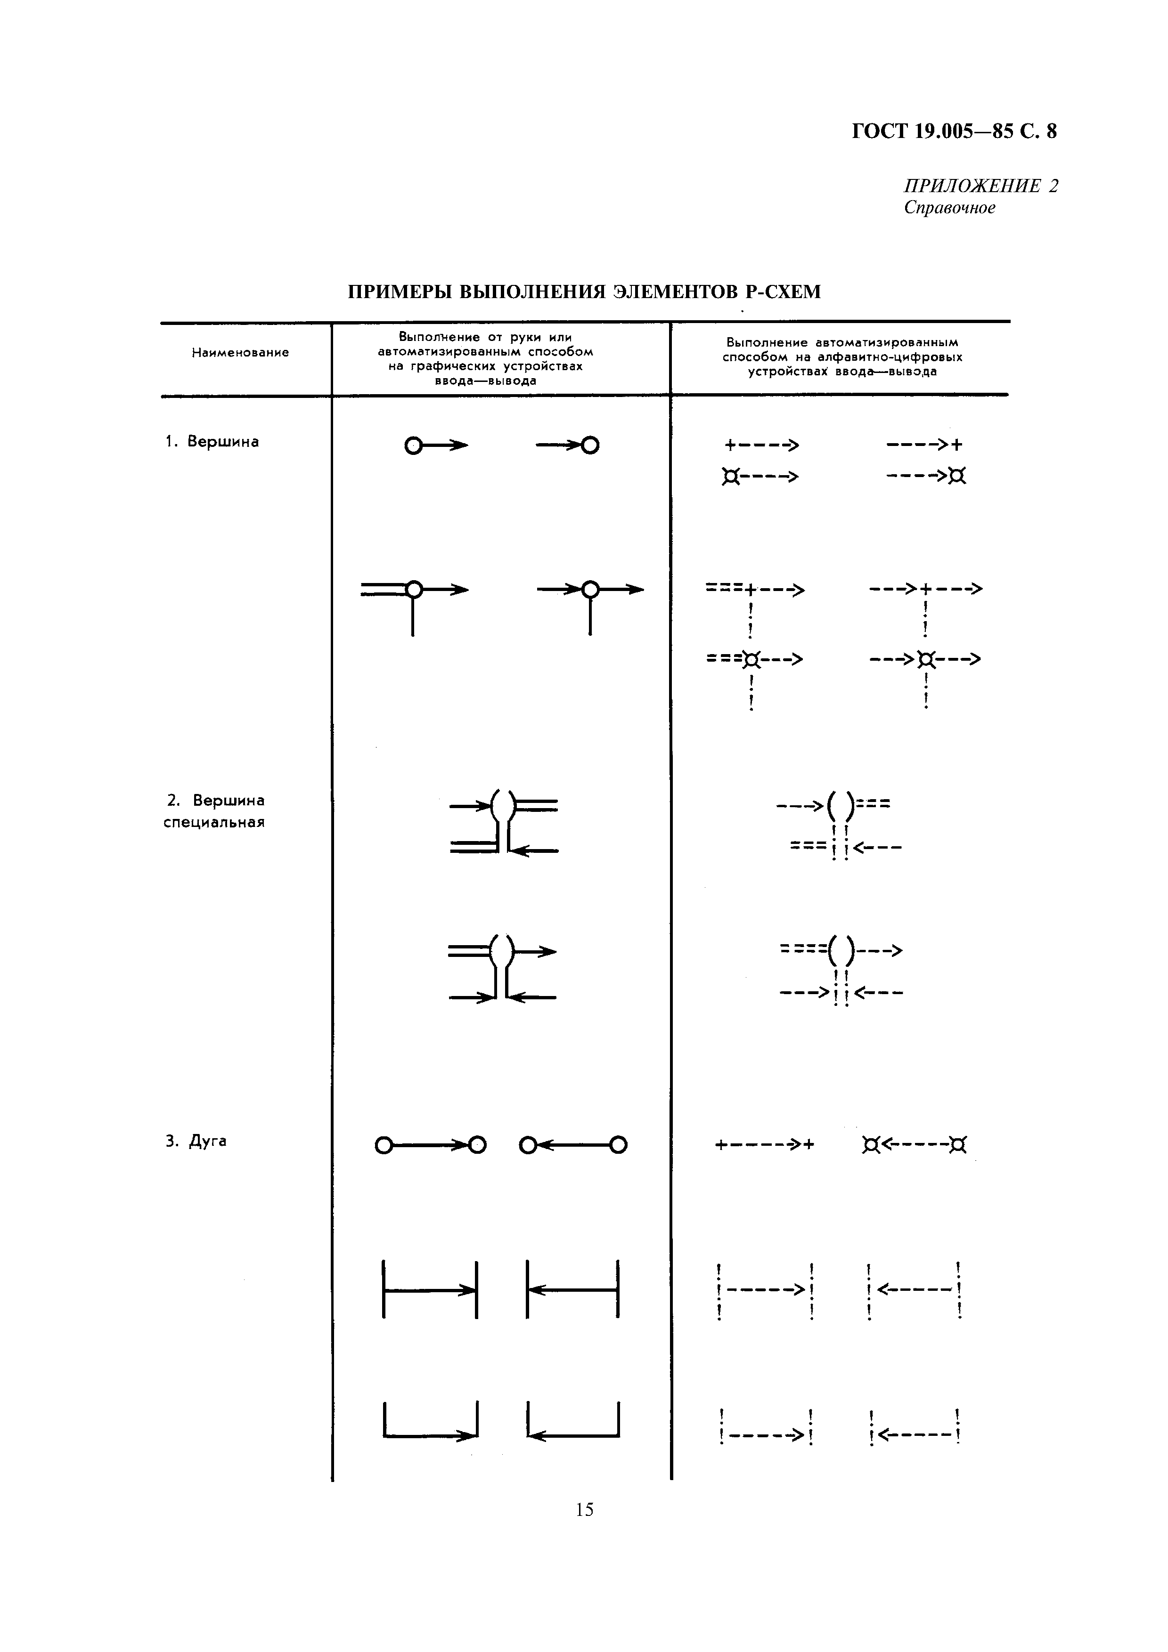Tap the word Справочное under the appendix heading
tap(949, 208)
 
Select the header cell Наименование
tap(240, 353)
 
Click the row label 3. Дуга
tap(196, 1141)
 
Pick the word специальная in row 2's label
tap(214, 822)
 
